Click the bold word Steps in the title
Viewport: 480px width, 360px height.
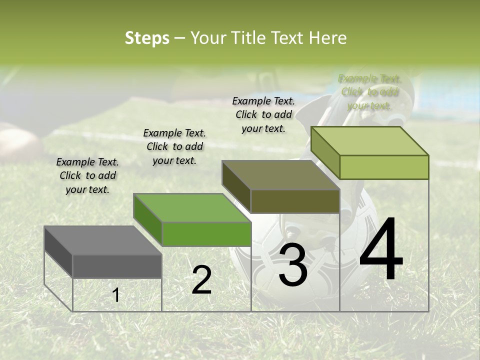[x=147, y=38]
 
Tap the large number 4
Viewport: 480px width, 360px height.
[x=381, y=250]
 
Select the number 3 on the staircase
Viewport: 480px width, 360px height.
[x=292, y=265]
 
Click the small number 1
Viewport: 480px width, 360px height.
[x=115, y=295]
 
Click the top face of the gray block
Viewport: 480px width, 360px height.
[x=103, y=240]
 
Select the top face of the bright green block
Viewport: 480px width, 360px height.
[x=192, y=208]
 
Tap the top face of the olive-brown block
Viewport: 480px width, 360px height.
[x=281, y=175]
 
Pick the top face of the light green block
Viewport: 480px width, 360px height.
[x=370, y=141]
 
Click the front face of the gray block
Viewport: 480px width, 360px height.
[x=117, y=266]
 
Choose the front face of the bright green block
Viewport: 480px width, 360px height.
[x=206, y=234]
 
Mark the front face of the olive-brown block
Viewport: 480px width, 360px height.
[x=295, y=201]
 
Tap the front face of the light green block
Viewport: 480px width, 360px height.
[x=384, y=167]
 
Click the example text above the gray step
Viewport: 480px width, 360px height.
[x=87, y=175]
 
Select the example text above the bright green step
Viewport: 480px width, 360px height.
[x=174, y=146]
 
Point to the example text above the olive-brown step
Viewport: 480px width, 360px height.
[x=263, y=114]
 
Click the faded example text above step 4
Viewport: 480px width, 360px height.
[x=369, y=92]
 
